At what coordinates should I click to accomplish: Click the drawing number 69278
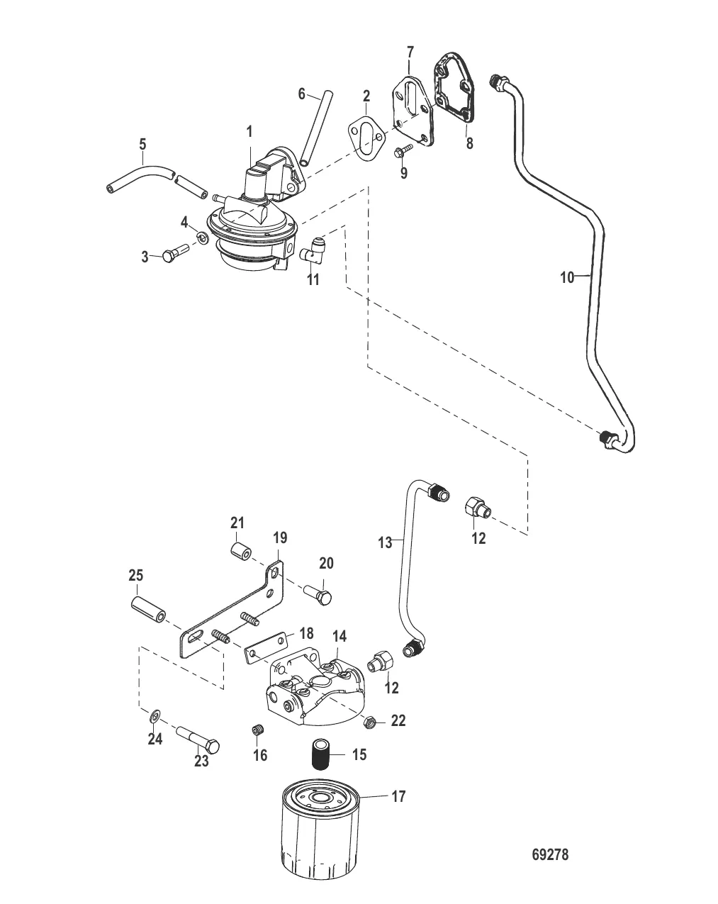click(549, 854)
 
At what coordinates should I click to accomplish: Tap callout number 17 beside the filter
click(398, 797)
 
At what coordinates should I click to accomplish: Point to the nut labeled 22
click(369, 722)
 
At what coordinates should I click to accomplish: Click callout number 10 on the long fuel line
click(567, 277)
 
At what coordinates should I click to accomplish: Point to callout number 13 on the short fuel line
click(385, 542)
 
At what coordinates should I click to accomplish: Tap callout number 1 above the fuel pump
click(249, 131)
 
